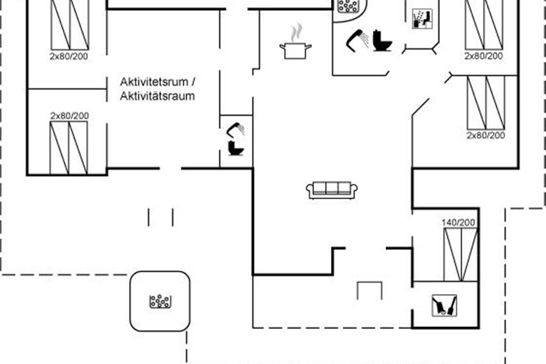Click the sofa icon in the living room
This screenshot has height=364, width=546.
coord(332,190)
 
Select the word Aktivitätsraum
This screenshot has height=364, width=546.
coord(157,96)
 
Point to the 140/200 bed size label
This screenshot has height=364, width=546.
coord(458,223)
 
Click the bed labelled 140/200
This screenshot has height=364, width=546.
coord(460,254)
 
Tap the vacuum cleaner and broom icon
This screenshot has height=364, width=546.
coord(444,305)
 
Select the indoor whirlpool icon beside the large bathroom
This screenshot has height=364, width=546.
coord(349,6)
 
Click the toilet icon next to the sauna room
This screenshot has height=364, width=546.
coord(382,41)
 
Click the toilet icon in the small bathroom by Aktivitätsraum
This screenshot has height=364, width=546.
coord(236,148)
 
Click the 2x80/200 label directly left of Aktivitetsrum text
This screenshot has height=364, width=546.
coord(69,56)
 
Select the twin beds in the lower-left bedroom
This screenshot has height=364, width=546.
coord(69,148)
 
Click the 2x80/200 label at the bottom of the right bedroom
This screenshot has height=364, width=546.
coord(486,136)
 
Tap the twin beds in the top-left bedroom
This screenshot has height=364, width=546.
coord(70,25)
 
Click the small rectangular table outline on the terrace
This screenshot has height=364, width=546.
coord(369,291)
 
